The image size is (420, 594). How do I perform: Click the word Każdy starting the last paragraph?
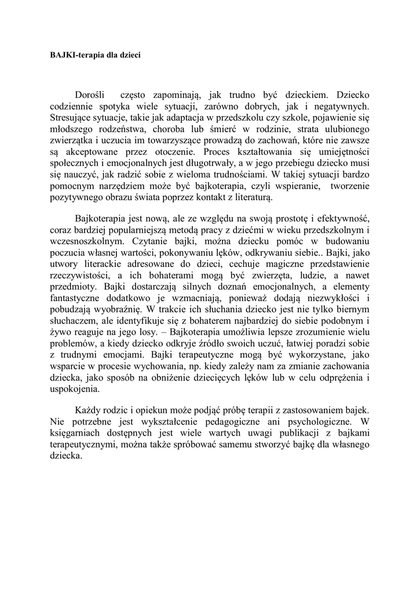tap(89, 411)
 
